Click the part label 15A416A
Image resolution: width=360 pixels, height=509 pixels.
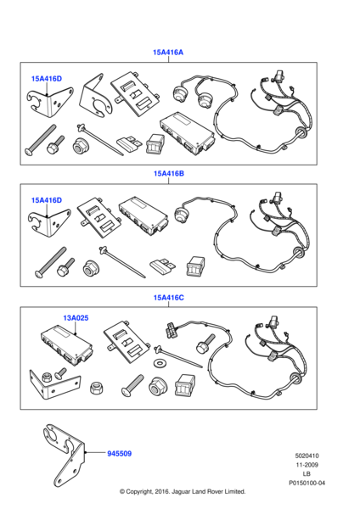click(168, 53)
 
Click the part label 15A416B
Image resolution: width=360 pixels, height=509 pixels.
click(169, 174)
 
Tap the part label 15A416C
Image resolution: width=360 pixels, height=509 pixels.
click(169, 298)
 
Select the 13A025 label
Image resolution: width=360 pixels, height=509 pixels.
click(76, 318)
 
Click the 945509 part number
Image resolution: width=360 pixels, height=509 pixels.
click(119, 454)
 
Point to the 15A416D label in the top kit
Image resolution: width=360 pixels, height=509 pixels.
click(47, 79)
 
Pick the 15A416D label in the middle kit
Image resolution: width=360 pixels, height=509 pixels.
click(47, 200)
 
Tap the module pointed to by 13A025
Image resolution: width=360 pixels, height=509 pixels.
click(66, 344)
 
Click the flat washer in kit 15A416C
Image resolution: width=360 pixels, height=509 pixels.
click(159, 361)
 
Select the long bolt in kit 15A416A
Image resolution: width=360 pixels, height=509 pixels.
click(41, 140)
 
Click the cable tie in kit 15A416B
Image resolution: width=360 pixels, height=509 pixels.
click(122, 262)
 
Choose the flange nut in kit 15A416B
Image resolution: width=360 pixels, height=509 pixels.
click(91, 268)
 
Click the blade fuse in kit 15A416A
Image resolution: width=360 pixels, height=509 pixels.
click(129, 144)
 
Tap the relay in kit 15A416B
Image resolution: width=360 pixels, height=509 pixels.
click(195, 267)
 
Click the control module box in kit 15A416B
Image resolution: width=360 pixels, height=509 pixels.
click(143, 215)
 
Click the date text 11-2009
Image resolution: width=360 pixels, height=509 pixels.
click(307, 465)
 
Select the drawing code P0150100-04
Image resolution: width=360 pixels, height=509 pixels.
click(307, 483)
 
